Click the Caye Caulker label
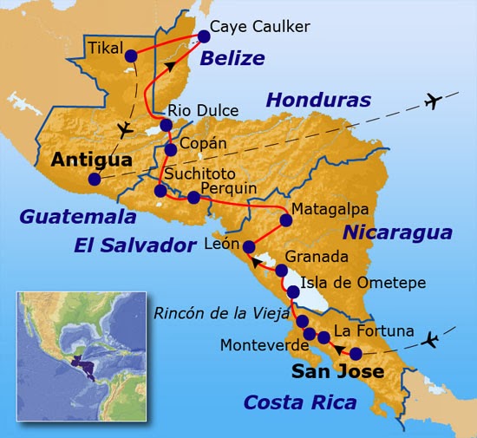tap(259, 27)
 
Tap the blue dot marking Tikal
tap(131, 57)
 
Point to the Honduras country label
tap(318, 99)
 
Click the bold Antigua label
tap(91, 160)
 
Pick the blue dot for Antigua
tap(94, 180)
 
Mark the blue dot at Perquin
tap(193, 198)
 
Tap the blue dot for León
tap(250, 245)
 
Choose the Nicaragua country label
tap(396, 232)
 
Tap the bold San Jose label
tap(337, 372)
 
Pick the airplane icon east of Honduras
tap(434, 101)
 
